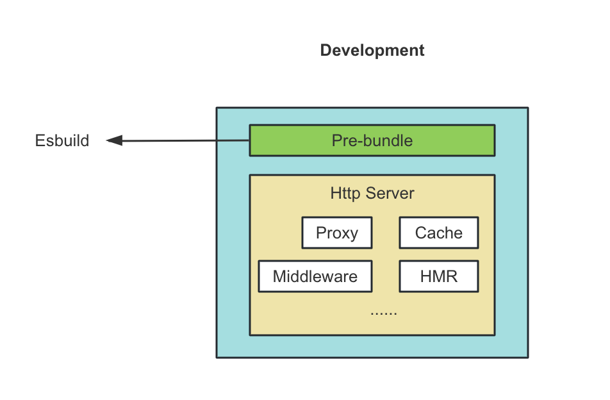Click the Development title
372,51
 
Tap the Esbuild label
62,141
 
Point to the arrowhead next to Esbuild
114,140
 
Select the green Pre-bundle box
372,140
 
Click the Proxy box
337,233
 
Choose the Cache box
438,233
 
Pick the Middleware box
315,276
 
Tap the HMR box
438,276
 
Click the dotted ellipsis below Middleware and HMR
384,313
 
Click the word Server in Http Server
390,193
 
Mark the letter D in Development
326,51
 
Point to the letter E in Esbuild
39,141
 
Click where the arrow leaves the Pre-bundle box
249,140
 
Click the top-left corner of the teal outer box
217,108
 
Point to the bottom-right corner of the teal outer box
528,357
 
